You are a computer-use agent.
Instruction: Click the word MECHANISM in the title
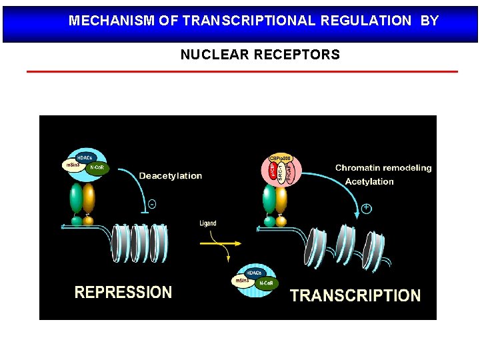(112, 21)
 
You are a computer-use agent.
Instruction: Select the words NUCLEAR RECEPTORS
(260, 55)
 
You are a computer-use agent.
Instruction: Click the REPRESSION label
(123, 292)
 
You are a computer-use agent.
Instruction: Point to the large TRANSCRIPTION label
(355, 295)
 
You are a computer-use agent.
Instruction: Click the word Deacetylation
(170, 176)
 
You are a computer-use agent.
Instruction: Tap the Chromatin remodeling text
(383, 168)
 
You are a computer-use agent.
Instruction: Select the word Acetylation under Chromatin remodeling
(369, 181)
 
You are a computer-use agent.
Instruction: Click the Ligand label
(208, 223)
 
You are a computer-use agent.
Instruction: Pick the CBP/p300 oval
(281, 159)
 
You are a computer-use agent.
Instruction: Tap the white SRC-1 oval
(281, 175)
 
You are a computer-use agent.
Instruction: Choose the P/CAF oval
(289, 175)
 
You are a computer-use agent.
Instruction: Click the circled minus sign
(152, 204)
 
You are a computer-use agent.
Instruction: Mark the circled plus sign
(366, 209)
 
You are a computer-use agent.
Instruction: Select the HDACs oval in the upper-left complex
(84, 157)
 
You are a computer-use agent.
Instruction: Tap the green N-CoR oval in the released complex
(265, 284)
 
